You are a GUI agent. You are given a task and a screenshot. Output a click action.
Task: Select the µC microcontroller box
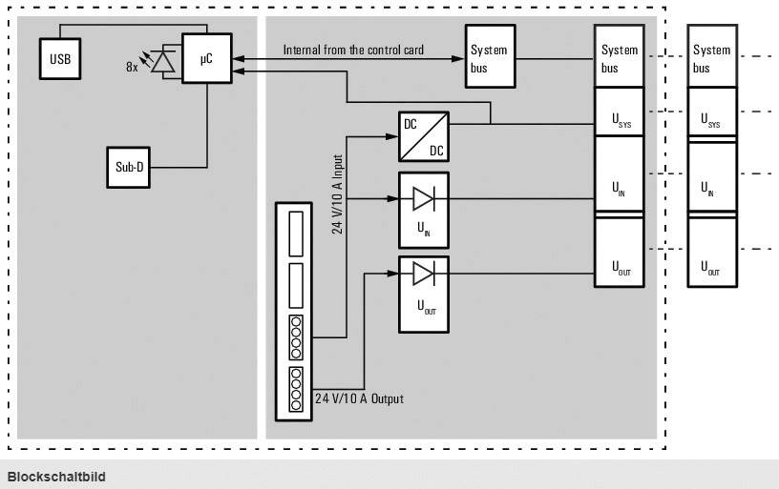(x=206, y=60)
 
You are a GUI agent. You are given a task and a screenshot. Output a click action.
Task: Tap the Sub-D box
(x=129, y=167)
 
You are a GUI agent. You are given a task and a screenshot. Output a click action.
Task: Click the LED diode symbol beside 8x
(x=165, y=61)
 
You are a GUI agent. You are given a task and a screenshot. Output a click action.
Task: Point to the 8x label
(x=132, y=68)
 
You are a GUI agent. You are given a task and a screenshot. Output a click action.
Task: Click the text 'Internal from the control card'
(x=353, y=50)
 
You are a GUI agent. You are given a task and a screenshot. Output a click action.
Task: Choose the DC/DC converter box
(x=423, y=136)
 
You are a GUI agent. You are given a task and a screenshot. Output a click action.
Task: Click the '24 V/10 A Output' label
(x=359, y=397)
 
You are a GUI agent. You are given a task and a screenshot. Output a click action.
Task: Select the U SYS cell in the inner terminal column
(x=620, y=112)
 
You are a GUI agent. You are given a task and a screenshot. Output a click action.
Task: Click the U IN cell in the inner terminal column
(x=620, y=176)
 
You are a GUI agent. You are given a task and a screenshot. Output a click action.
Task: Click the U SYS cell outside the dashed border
(x=712, y=114)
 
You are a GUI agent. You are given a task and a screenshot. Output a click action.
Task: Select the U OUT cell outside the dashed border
(x=712, y=253)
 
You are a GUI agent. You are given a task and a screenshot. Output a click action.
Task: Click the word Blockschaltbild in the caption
(x=57, y=476)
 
